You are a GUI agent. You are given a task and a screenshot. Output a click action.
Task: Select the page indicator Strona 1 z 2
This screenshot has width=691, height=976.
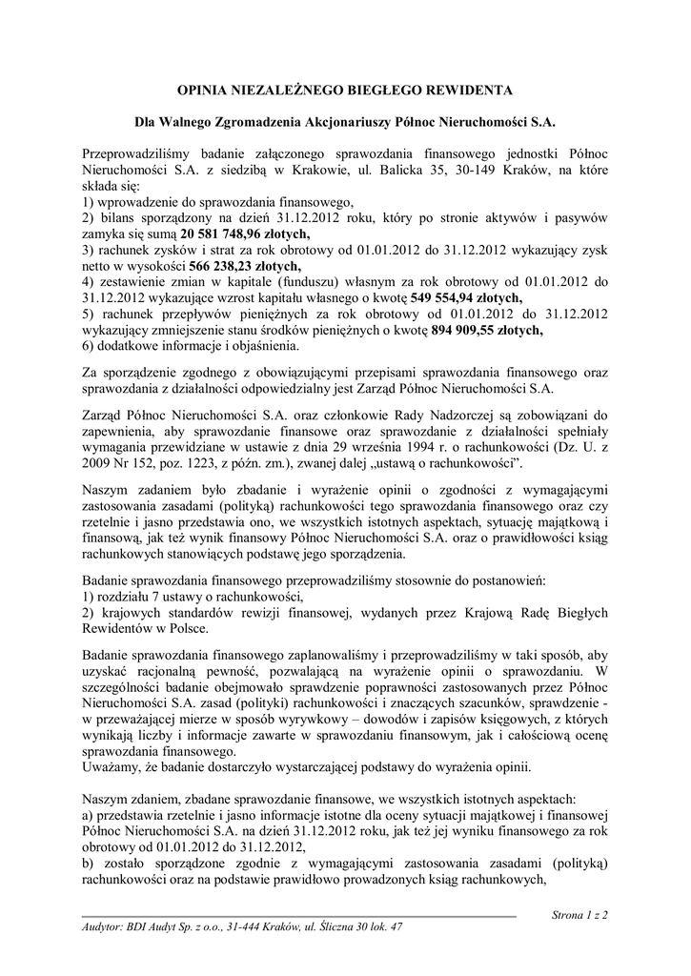click(x=580, y=915)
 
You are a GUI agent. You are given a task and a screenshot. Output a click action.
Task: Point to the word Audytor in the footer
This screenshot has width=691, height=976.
click(x=103, y=926)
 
